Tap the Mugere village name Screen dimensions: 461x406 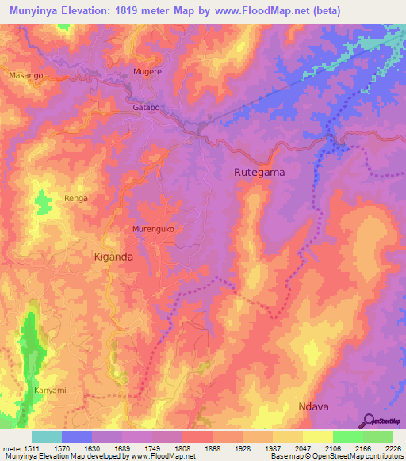click(147, 72)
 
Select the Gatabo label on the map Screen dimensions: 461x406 click(147, 107)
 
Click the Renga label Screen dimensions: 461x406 click(76, 198)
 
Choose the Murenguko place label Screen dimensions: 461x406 click(153, 230)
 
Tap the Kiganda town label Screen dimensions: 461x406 click(113, 257)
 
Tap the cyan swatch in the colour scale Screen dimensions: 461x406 click(47, 436)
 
